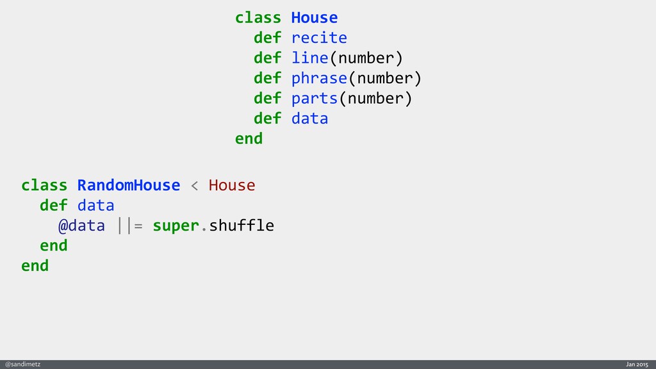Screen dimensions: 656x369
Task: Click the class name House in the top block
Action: pos(314,17)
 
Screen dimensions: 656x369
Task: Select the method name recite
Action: pos(319,38)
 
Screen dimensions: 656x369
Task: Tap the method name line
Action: pos(309,58)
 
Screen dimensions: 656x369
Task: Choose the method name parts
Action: pos(315,99)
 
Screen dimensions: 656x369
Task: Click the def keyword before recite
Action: pos(267,38)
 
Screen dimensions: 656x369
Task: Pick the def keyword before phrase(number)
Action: pos(267,78)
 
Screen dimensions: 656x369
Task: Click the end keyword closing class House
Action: pos(249,138)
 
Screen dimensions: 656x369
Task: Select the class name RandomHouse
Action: pos(129,185)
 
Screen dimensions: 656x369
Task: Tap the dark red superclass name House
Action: pos(232,185)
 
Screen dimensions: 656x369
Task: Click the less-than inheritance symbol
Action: pos(195,186)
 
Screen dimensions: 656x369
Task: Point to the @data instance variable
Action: pos(81,225)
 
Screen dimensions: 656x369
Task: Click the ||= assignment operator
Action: pos(130,225)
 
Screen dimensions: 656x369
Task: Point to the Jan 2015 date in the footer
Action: pos(637,364)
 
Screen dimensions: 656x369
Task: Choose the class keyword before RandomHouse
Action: pos(44,185)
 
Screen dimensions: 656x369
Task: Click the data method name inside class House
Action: pos(309,119)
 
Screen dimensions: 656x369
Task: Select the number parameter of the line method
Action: pos(366,58)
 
